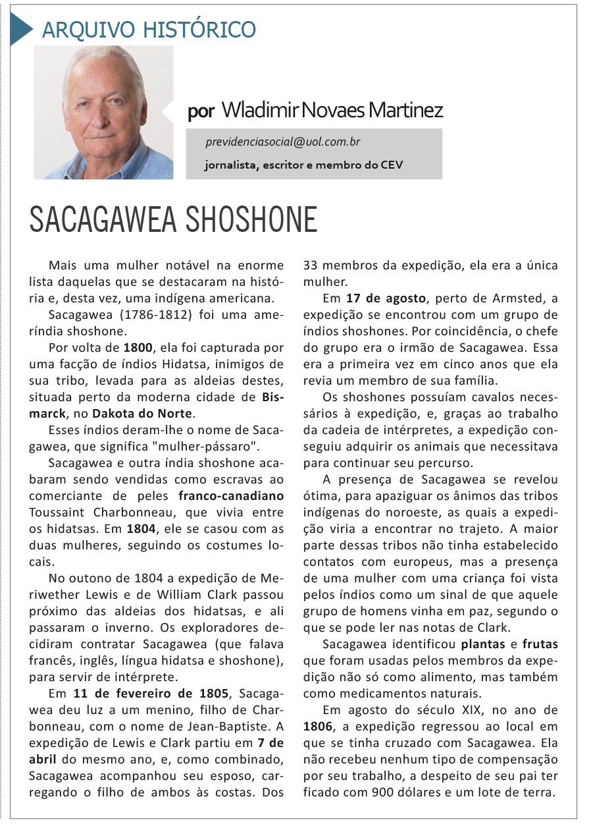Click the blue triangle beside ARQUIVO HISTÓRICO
click(20, 29)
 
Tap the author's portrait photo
click(103, 112)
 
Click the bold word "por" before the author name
click(201, 111)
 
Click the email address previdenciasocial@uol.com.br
click(283, 142)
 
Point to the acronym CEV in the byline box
click(391, 165)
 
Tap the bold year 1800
click(137, 346)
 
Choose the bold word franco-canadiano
click(232, 495)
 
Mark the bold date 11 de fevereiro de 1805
click(151, 693)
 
